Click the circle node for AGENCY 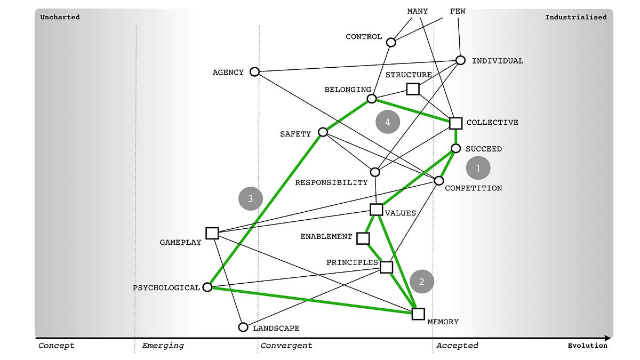pyautogui.click(x=254, y=71)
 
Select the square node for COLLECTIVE pyautogui.click(x=455, y=123)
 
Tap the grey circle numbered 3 pyautogui.click(x=251, y=198)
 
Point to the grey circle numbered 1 pyautogui.click(x=478, y=168)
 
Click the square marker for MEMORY pyautogui.click(x=418, y=314)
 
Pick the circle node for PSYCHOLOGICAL pyautogui.click(x=208, y=287)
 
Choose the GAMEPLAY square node pyautogui.click(x=212, y=233)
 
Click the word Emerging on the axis pyautogui.click(x=163, y=346)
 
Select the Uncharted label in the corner pyautogui.click(x=60, y=17)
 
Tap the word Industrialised pyautogui.click(x=575, y=17)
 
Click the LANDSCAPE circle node pyautogui.click(x=243, y=327)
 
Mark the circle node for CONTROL pyautogui.click(x=391, y=42)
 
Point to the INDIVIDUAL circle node pyautogui.click(x=461, y=60)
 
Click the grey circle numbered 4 pyautogui.click(x=388, y=122)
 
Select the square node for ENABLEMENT pyautogui.click(x=363, y=238)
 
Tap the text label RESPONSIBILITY pyautogui.click(x=331, y=182)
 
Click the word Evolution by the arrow pyautogui.click(x=587, y=346)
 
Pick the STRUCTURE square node pyautogui.click(x=413, y=89)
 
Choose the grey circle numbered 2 pyautogui.click(x=422, y=282)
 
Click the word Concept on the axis pyautogui.click(x=57, y=346)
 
